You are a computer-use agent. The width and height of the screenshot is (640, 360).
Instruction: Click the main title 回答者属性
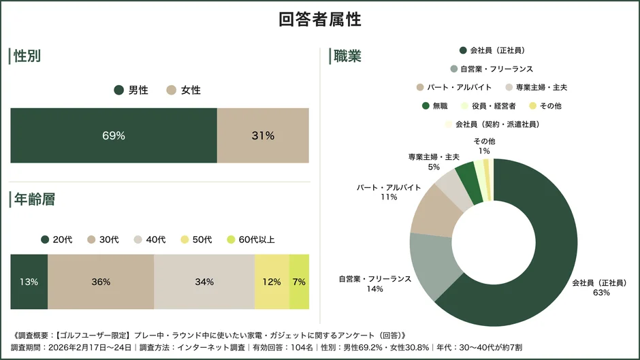tap(320, 19)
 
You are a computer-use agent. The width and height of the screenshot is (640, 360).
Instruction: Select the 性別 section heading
tap(27, 56)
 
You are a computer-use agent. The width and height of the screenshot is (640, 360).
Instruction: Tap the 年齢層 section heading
tap(34, 199)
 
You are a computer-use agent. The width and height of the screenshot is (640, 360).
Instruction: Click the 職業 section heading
tap(347, 56)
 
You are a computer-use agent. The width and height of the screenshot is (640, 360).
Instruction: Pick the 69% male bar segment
tap(114, 135)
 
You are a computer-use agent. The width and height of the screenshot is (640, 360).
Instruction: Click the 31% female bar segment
tap(263, 135)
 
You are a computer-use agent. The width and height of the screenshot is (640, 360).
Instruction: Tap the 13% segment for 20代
tap(29, 282)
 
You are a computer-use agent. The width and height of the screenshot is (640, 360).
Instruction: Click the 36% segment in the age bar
tap(101, 282)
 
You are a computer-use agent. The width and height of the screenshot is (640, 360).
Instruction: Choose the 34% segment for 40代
tap(204, 282)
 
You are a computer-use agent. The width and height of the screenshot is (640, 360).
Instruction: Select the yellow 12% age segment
tap(272, 282)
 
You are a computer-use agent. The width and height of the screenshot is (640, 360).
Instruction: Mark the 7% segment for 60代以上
tap(299, 282)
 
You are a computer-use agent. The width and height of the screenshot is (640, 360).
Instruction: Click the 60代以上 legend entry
tap(251, 240)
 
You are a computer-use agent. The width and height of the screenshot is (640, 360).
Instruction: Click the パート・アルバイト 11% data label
tap(389, 192)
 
